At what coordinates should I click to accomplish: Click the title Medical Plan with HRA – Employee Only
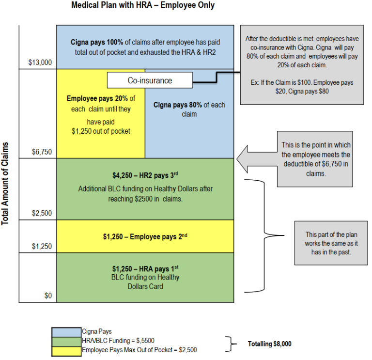[x=142, y=5]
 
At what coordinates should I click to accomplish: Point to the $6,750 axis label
[x=42, y=152]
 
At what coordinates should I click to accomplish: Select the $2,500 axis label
[x=42, y=213]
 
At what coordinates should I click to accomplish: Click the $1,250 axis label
[x=42, y=246]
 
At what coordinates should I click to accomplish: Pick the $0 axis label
[x=47, y=296]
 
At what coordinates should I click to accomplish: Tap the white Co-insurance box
[x=150, y=80]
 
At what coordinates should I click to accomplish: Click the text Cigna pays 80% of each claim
[x=189, y=110]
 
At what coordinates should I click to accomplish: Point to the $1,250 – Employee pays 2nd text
[x=145, y=236]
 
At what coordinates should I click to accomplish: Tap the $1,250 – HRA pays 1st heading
[x=145, y=268]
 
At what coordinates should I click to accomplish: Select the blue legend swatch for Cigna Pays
[x=67, y=331]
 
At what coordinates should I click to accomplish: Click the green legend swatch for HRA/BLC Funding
[x=67, y=340]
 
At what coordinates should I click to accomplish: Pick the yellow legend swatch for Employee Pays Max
[x=67, y=349]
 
